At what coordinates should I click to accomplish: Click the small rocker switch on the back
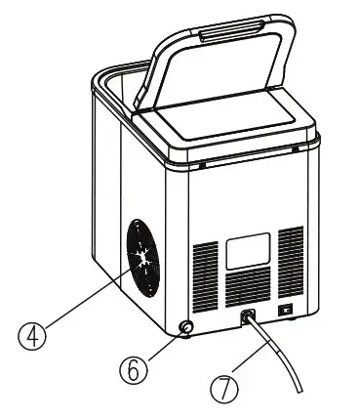click(x=285, y=310)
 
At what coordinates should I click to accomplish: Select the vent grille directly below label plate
click(x=247, y=288)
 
